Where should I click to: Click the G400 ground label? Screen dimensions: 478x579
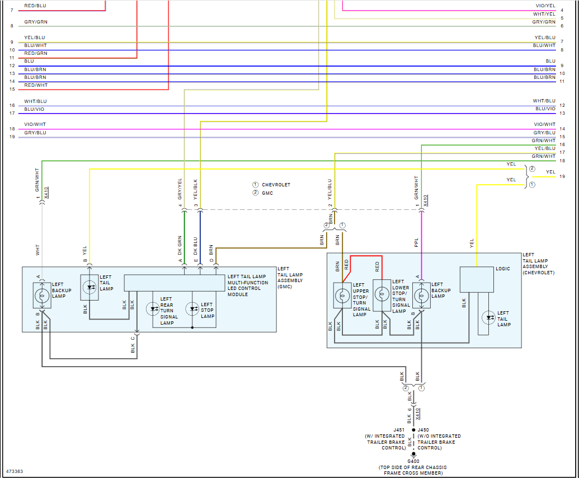click(413, 461)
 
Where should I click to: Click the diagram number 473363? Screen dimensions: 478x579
click(16, 471)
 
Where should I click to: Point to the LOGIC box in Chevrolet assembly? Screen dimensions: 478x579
click(476, 279)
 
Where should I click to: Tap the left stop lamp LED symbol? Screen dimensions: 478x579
click(192, 308)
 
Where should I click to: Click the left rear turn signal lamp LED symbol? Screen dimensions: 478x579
click(153, 308)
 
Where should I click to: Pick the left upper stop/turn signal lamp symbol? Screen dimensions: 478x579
click(342, 295)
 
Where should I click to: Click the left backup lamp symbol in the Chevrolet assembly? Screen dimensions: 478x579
click(421, 295)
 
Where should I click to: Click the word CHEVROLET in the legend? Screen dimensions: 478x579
click(276, 185)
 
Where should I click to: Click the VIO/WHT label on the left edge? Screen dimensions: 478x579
click(35, 125)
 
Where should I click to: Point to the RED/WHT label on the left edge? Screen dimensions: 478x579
click(36, 85)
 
